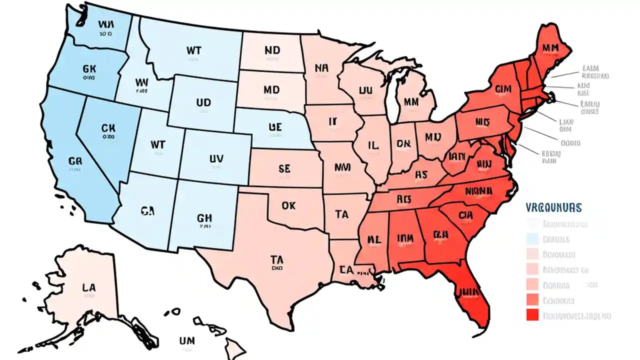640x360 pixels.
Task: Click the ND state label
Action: coord(272,50)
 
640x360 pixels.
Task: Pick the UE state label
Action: coord(275,127)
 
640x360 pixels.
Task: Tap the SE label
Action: coord(283,169)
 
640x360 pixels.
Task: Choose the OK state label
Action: coord(289,205)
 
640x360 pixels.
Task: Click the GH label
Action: coord(204,218)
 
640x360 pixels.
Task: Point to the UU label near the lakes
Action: coord(366,90)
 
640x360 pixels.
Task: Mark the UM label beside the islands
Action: coord(186,340)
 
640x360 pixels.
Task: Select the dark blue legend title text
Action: coord(554,207)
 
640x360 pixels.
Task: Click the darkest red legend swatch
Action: coord(532,315)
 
